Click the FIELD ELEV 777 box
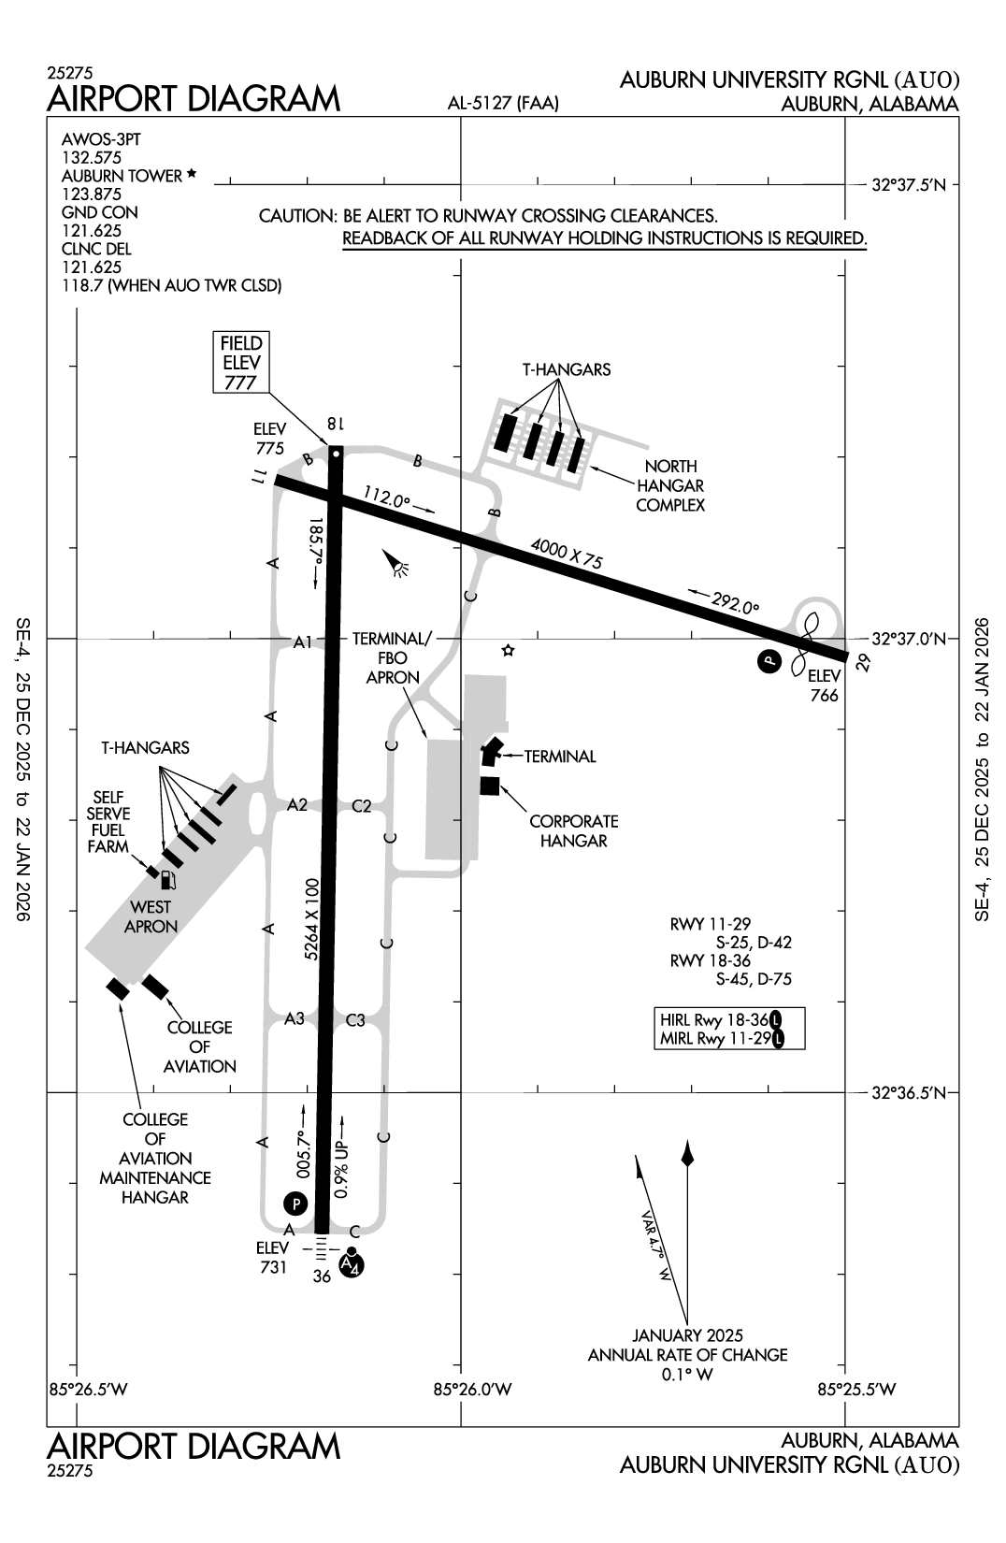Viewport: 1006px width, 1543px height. click(x=240, y=362)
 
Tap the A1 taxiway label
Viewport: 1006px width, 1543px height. click(x=302, y=642)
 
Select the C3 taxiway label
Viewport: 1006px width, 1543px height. click(x=355, y=1020)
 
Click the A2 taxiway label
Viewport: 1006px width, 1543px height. click(x=297, y=804)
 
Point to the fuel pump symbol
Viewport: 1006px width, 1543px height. click(x=168, y=879)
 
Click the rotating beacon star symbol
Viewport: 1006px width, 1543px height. click(x=508, y=650)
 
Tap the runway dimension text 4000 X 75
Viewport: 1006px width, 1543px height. click(x=567, y=555)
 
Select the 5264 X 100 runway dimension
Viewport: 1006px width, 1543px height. click(x=312, y=919)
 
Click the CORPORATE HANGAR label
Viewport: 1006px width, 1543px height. click(x=573, y=830)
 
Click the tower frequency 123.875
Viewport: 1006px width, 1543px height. click(x=92, y=195)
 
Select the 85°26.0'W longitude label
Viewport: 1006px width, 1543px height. click(x=473, y=1389)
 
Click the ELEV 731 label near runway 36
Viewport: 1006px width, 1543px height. click(x=272, y=1257)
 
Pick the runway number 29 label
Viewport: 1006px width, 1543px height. click(x=863, y=663)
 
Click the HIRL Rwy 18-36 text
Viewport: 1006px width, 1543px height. click(x=714, y=1019)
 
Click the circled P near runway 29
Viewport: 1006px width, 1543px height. click(x=768, y=661)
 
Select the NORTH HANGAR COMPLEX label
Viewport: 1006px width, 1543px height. click(x=669, y=485)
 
